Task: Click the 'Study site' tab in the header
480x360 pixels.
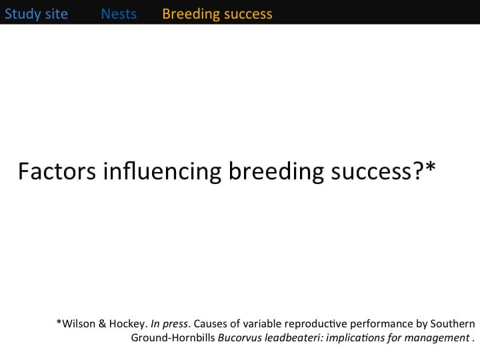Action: (36, 14)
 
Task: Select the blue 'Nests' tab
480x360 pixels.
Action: (119, 14)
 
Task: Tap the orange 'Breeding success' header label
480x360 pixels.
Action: (217, 14)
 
